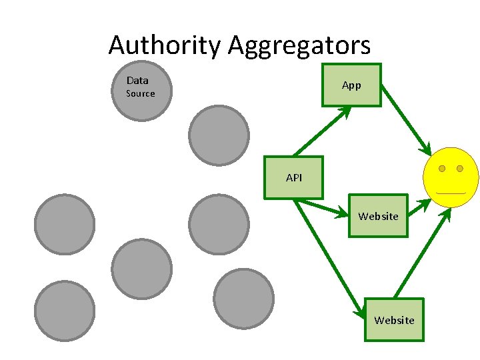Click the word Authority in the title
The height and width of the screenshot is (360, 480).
pos(164,45)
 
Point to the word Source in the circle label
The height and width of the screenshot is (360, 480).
pos(141,93)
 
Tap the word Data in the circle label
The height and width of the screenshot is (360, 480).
pos(137,81)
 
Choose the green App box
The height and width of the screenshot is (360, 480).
pos(351,85)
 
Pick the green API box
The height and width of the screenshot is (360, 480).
pos(293,178)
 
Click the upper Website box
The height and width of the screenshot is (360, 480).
pos(378,216)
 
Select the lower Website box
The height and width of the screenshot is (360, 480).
pos(394,320)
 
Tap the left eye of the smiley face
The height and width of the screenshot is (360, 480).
pos(442,169)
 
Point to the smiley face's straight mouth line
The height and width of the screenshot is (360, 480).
pos(451,193)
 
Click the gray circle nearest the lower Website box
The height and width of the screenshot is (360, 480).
pos(244,299)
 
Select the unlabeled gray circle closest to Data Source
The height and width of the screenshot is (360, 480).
pos(219,135)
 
